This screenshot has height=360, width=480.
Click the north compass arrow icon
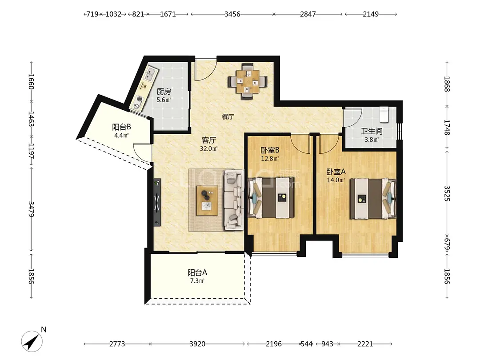tap(32, 341)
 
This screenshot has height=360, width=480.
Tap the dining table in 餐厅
tap(248, 81)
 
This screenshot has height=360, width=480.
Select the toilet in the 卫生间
tap(384, 114)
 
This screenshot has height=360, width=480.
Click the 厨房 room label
tap(164, 92)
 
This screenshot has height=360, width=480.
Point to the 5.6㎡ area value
tap(164, 100)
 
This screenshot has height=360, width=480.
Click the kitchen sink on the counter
tap(150, 74)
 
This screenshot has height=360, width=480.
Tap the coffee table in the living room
tap(207, 200)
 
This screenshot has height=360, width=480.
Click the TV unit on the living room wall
tap(157, 202)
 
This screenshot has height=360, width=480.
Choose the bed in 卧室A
tap(373, 198)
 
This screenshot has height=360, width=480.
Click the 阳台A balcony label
tap(197, 272)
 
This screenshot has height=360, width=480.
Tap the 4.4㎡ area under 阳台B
tap(121, 135)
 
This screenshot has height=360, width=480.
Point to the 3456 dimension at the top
tap(232, 14)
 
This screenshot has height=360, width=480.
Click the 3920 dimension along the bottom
tap(197, 344)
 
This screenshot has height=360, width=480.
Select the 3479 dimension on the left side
tap(31, 209)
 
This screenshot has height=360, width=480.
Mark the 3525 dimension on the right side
tap(447, 193)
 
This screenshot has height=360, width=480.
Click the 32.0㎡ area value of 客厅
tap(209, 149)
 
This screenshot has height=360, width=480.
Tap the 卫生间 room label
tap(372, 131)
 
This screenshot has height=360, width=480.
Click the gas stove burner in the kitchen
tap(140, 99)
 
